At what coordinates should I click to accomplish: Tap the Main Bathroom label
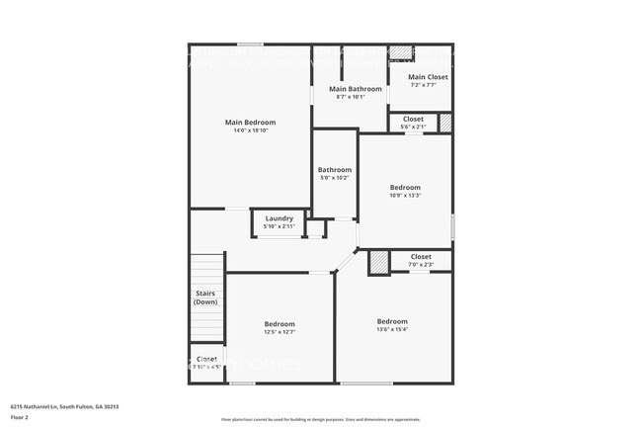(x=351, y=89)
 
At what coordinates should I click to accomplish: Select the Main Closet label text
(x=428, y=77)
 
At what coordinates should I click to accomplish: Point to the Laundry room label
(x=279, y=218)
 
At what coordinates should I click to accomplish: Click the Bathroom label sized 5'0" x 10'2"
(x=335, y=170)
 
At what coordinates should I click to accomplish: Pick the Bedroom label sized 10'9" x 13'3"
(x=405, y=188)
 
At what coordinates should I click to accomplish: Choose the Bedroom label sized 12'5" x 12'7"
(x=280, y=324)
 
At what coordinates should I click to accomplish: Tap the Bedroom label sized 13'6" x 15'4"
(x=392, y=321)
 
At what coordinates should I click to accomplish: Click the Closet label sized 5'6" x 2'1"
(x=413, y=120)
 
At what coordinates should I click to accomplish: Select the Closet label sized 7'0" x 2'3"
(x=421, y=257)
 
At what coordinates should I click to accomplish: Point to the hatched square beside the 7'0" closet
(x=379, y=262)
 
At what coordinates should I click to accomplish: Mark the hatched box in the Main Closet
(x=400, y=53)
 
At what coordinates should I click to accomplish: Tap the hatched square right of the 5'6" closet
(x=445, y=124)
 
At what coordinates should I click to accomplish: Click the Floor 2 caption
(x=20, y=417)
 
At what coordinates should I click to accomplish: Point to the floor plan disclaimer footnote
(x=320, y=420)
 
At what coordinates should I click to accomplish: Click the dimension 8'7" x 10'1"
(x=351, y=97)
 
